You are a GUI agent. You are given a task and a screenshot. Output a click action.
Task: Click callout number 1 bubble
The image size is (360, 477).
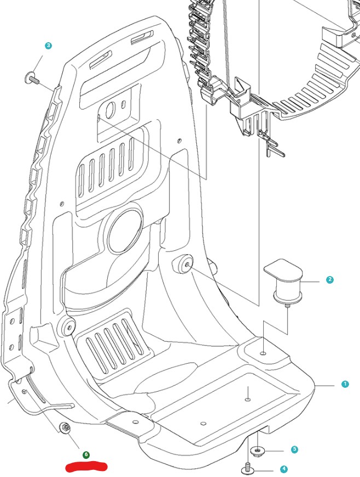(x=345, y=384)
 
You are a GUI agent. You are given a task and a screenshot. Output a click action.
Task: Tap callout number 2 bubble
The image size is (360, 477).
(x=329, y=280)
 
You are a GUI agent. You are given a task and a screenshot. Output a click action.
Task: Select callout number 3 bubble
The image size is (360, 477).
(x=48, y=45)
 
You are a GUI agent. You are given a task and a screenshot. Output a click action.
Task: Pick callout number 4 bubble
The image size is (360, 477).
(x=283, y=469)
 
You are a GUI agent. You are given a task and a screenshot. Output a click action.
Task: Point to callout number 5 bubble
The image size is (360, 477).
(x=294, y=450)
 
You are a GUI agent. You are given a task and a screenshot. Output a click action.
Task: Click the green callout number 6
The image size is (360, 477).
(x=86, y=455)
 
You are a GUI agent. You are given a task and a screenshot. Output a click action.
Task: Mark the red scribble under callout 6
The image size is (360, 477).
(x=86, y=467)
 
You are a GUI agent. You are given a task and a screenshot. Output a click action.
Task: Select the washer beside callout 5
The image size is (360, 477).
(x=257, y=451)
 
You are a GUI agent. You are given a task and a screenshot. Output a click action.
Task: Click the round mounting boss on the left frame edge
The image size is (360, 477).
(x=67, y=327)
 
